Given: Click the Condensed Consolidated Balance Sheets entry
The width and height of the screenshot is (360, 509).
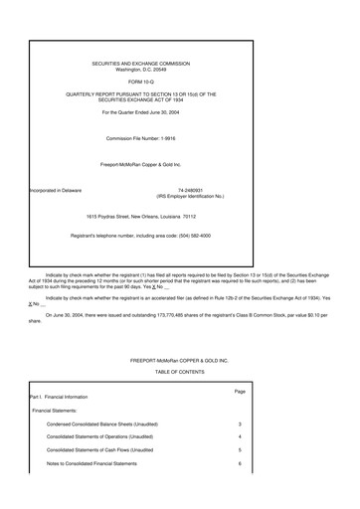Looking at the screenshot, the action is pos(101,424).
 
